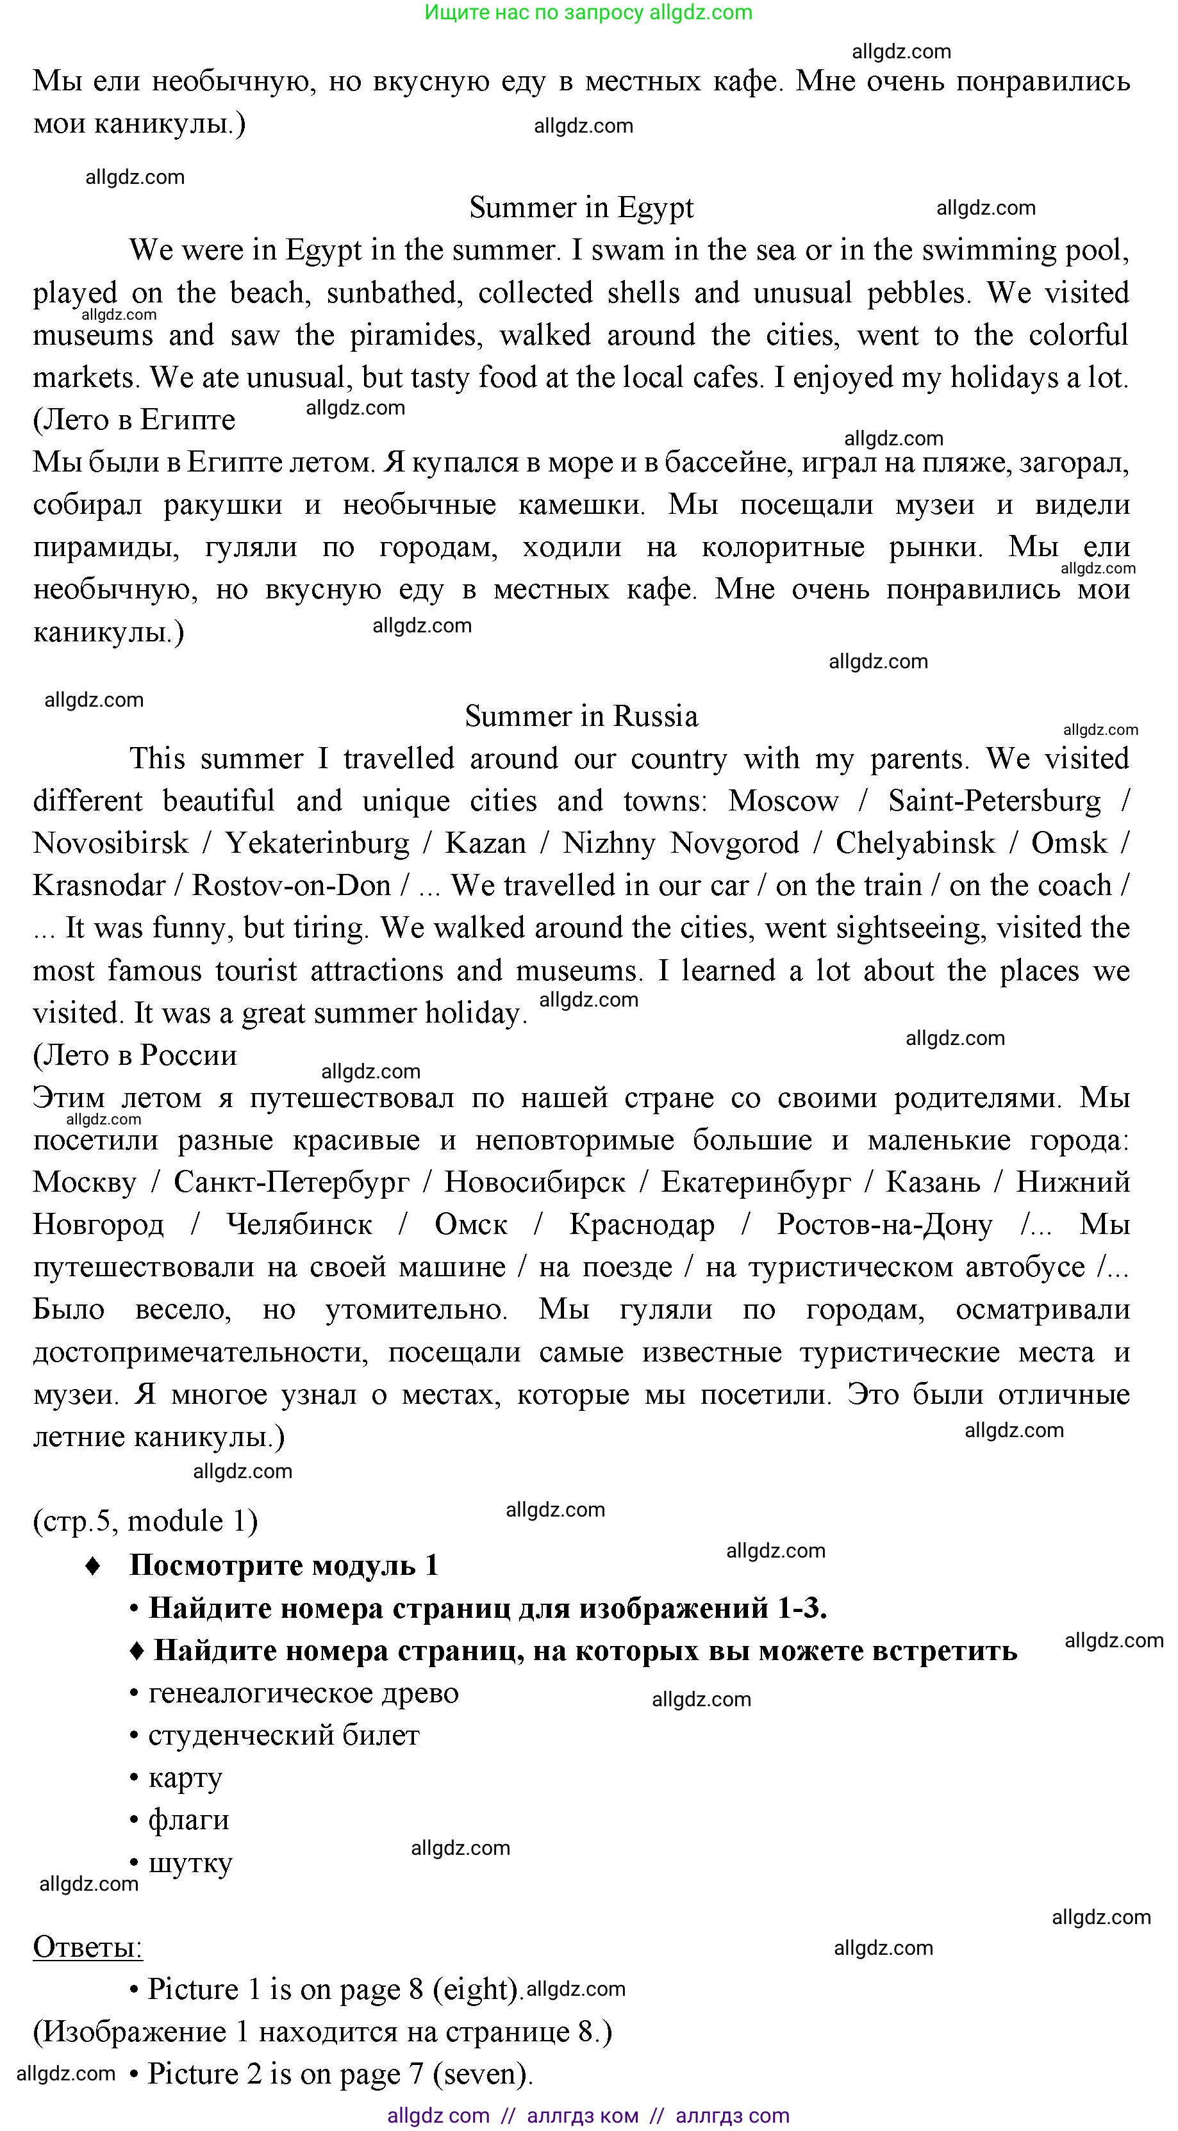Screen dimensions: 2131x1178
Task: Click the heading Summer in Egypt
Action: pyautogui.click(x=581, y=208)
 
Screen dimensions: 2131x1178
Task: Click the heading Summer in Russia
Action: pyautogui.click(x=581, y=716)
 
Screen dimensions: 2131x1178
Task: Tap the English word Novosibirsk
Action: pyautogui.click(x=111, y=844)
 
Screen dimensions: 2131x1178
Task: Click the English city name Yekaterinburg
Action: pyautogui.click(x=318, y=844)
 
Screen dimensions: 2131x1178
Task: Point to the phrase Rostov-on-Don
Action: pyautogui.click(x=291, y=886)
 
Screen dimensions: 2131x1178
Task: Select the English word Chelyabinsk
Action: pyautogui.click(x=915, y=844)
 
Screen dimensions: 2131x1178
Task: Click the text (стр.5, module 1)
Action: pyautogui.click(x=145, y=1520)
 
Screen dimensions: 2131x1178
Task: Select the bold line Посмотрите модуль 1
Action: pyautogui.click(x=284, y=1565)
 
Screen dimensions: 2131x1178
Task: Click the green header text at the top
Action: pyautogui.click(x=588, y=12)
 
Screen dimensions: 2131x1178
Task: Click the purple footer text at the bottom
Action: pyautogui.click(x=588, y=2116)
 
